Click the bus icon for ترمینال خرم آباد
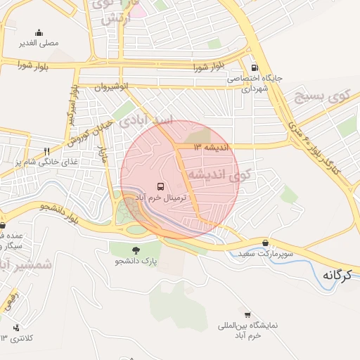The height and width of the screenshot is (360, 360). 162,187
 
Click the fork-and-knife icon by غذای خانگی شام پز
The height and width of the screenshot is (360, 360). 47,151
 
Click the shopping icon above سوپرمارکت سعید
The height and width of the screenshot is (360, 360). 264,241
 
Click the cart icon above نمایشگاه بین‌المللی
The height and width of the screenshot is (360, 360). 247,314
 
